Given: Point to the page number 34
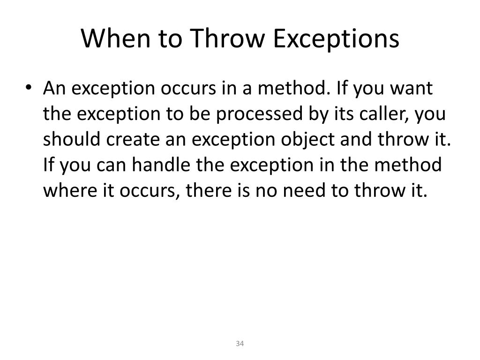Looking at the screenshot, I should (x=240, y=345).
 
